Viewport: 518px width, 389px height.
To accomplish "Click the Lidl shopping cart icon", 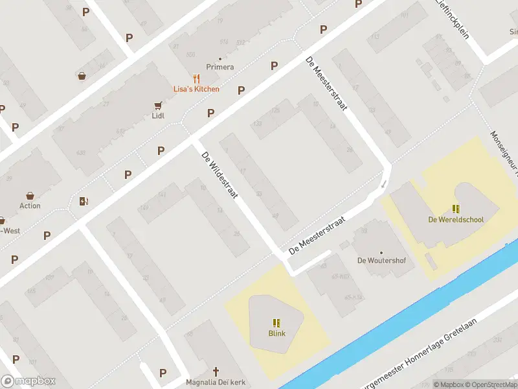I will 157,105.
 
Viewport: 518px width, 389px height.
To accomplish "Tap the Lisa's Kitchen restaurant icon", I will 196,78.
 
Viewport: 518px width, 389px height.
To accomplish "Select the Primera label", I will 220,67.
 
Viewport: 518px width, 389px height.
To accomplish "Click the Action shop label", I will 30,206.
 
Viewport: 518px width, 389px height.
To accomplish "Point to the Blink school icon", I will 277,323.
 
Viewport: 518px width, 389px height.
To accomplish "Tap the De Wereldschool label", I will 456,220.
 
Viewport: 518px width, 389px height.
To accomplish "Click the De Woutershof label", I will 381,261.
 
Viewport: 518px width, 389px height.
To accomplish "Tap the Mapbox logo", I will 28,381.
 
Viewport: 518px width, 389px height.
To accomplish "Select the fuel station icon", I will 83,201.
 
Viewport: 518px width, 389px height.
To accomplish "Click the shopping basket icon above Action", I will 30,195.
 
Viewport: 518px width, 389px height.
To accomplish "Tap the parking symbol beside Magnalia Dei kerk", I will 163,373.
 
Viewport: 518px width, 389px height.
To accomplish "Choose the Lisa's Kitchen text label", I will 196,89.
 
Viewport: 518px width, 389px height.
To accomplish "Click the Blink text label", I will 277,334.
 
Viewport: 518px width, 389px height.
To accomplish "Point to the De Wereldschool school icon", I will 456,209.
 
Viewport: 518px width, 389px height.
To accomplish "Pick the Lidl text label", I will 157,116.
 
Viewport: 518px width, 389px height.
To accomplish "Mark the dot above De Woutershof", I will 381,253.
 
